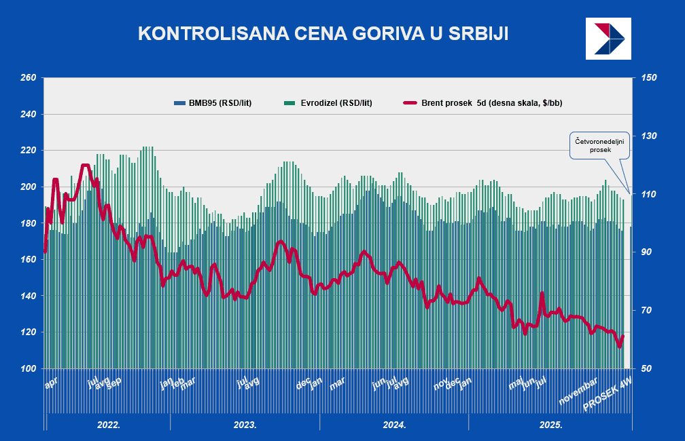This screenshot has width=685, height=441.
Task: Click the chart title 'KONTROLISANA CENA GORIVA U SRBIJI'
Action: pyautogui.click(x=323, y=34)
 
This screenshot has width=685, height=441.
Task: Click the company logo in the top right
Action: pyautogui.click(x=608, y=37)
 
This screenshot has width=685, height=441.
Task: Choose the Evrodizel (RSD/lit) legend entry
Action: pyautogui.click(x=328, y=103)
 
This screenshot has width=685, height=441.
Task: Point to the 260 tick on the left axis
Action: pyautogui.click(x=28, y=77)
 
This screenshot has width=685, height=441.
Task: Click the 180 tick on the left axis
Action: pyautogui.click(x=28, y=223)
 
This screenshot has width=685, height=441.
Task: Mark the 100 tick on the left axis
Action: pyautogui.click(x=28, y=368)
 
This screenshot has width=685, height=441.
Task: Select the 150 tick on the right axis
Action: pyautogui.click(x=648, y=77)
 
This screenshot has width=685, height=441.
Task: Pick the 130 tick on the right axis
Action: pyautogui.click(x=648, y=136)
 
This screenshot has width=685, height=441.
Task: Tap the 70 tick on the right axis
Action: pyautogui.click(x=646, y=310)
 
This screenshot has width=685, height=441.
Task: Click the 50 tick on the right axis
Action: pyautogui.click(x=646, y=368)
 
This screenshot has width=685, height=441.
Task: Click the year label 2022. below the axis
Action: pyautogui.click(x=109, y=425)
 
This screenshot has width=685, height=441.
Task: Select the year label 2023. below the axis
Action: pyautogui.click(x=245, y=425)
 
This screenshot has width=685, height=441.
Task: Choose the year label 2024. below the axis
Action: pyautogui.click(x=394, y=425)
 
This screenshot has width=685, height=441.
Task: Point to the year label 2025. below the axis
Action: pyautogui.click(x=550, y=425)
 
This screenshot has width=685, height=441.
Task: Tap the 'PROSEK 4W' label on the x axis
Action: pyautogui.click(x=608, y=396)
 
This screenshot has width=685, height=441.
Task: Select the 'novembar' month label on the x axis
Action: pyautogui.click(x=578, y=392)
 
